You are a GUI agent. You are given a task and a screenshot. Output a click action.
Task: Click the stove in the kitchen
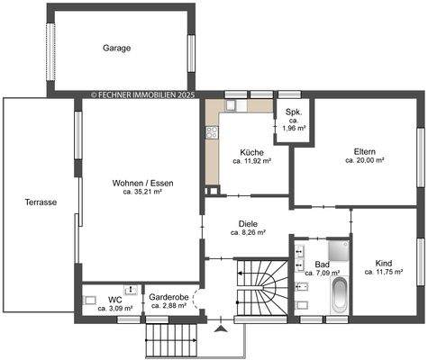213,134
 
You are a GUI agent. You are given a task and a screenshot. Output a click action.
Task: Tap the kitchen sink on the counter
228,106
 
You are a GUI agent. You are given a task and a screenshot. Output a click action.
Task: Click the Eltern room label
365,151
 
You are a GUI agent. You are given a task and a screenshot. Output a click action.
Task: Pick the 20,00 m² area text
365,161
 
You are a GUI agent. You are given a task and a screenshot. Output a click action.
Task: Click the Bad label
322,264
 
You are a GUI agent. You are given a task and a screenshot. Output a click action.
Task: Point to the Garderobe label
168,296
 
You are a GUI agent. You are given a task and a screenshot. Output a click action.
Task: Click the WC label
115,299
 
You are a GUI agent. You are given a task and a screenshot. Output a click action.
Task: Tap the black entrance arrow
221,330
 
